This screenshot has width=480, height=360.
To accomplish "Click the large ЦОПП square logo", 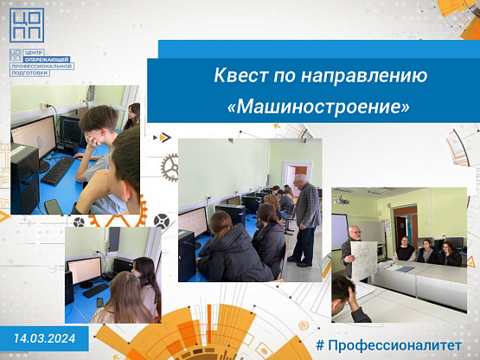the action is tap(27, 25).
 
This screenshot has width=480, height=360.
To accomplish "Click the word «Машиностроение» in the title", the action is tap(318, 106).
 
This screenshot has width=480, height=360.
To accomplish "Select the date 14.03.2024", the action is tap(45, 338).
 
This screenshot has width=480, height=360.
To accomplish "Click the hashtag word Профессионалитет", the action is tap(394, 345).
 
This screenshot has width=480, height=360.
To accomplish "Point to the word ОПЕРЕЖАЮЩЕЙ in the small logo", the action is tap(48, 59).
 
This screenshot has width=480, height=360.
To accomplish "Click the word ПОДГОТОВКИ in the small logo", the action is tap(29, 73).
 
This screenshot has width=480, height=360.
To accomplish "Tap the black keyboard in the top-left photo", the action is tap(58, 170).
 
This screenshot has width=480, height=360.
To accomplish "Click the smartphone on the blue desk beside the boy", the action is tap(54, 207).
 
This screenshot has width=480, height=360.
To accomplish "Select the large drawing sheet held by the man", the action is tap(364, 260).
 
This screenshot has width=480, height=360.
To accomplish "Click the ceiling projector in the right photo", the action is tap(341, 201).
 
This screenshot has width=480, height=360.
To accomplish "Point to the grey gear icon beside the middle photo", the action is tap(170, 167).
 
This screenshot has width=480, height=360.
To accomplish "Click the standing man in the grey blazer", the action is tap(305, 220).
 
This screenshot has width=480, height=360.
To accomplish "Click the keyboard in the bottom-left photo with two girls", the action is tap(96, 290).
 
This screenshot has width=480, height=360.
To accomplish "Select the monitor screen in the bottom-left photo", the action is tap(85, 270).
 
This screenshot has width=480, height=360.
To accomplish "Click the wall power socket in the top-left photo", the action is tap(42, 106).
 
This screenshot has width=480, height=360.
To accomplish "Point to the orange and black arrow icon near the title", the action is tap(163, 138).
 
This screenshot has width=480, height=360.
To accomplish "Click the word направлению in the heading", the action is tap(364, 76).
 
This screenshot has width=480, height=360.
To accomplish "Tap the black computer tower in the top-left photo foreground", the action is tap(25, 178).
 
